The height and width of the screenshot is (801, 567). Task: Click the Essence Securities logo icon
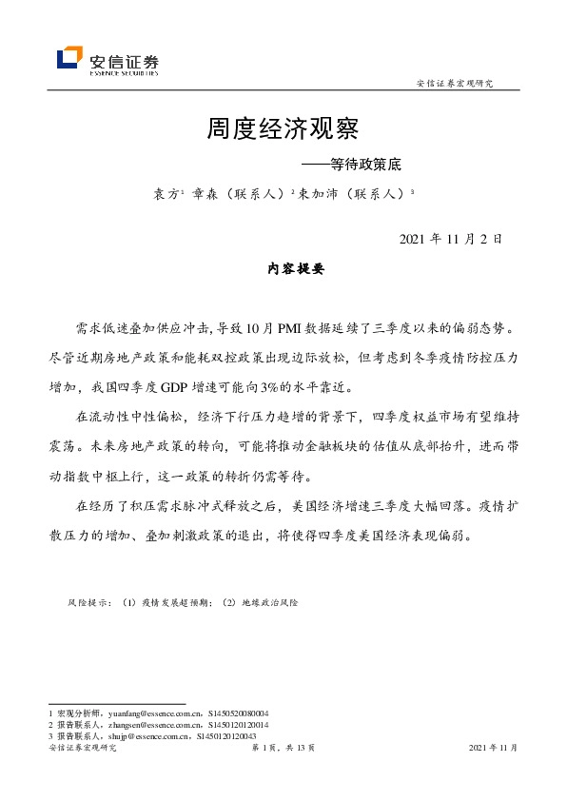point(70,58)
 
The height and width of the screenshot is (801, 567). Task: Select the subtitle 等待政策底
point(365,164)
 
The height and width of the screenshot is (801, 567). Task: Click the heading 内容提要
point(296,269)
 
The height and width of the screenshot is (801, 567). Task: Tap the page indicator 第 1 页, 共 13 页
point(283,749)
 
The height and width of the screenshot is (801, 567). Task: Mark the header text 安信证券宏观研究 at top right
point(457,83)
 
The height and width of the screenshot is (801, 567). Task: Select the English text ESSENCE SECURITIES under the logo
point(124,71)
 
